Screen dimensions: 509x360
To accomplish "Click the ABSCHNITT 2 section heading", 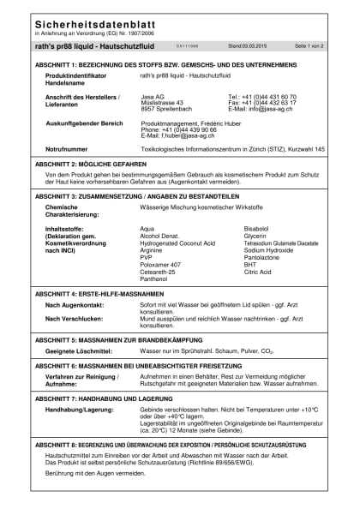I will [99, 163].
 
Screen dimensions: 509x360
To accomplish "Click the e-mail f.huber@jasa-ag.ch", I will [184, 135].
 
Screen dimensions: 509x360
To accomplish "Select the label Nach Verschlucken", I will [74, 319].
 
